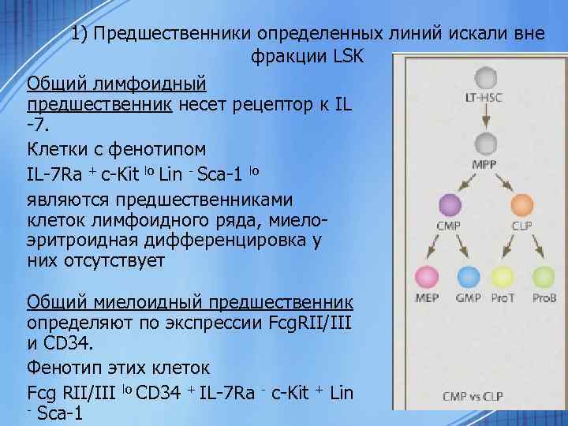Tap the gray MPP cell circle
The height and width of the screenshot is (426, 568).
[x=484, y=144]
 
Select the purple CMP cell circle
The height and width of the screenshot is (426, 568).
[x=450, y=206]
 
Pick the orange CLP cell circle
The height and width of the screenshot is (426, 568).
[x=521, y=206]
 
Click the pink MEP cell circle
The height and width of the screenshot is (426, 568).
[x=428, y=277]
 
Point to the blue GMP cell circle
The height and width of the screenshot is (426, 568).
[x=469, y=277]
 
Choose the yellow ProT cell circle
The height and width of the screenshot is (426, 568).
[x=503, y=277]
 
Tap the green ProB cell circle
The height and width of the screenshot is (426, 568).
[x=544, y=277]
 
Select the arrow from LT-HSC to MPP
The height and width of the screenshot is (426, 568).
[x=484, y=115]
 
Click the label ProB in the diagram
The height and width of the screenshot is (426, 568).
[x=544, y=299]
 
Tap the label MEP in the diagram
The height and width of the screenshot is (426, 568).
[x=428, y=299]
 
